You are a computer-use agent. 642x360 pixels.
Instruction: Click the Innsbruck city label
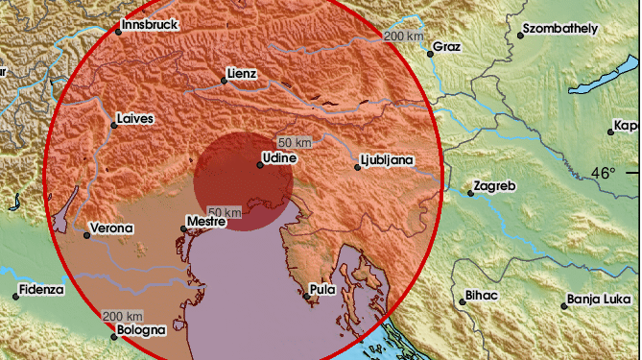[x=152, y=24]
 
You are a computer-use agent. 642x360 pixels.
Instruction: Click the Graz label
[x=448, y=45]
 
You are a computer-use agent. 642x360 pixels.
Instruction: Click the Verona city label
[x=111, y=230]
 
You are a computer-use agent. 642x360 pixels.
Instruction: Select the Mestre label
[x=204, y=222]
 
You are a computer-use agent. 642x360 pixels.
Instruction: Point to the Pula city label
[x=323, y=288]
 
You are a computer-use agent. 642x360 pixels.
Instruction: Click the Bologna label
[x=139, y=330]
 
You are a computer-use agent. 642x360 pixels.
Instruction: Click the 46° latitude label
[x=604, y=174]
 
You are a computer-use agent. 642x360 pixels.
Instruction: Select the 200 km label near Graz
[x=403, y=36]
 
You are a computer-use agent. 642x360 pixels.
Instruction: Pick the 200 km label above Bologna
[x=123, y=316]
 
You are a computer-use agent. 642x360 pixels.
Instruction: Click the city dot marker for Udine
[x=259, y=163]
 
